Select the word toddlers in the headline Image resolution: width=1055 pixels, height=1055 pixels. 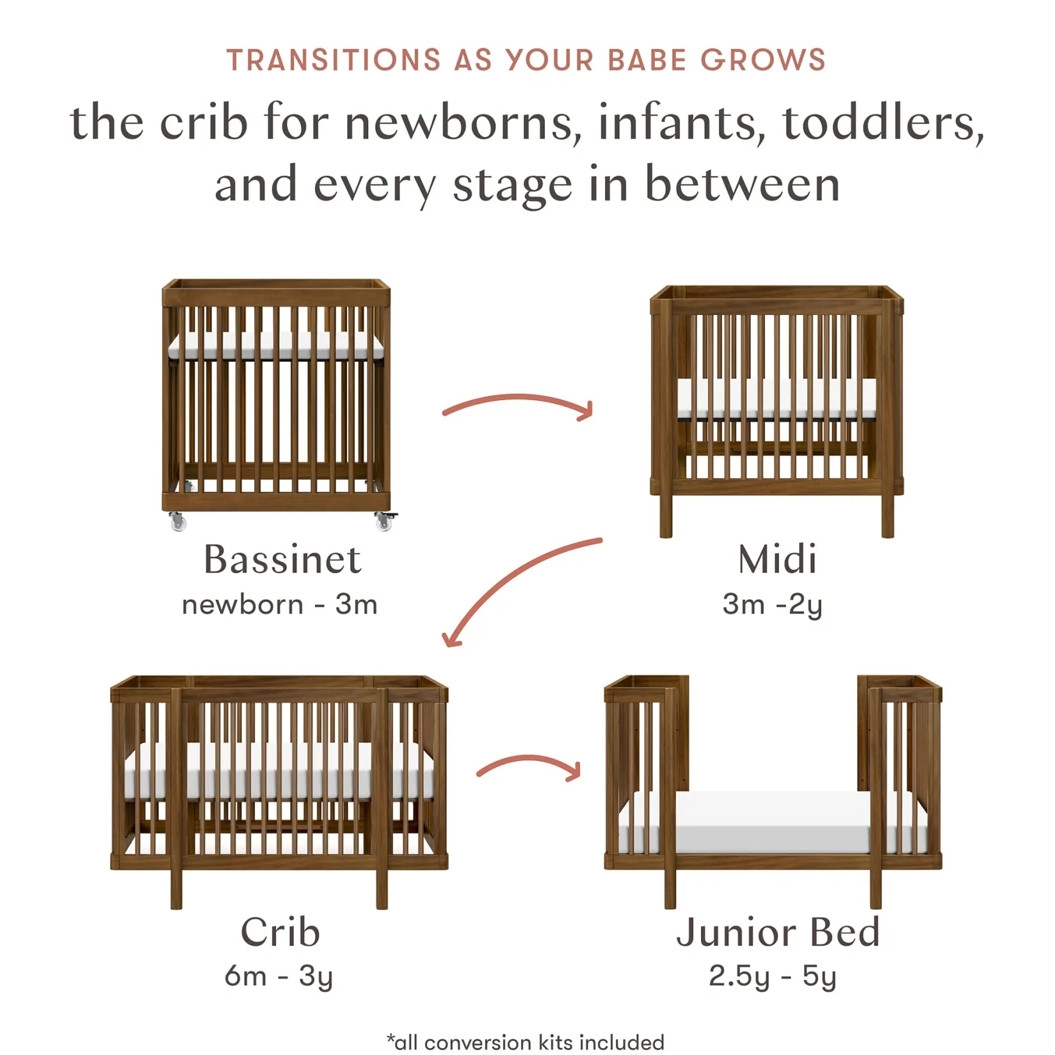click(883, 122)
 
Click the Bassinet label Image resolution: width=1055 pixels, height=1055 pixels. click(282, 560)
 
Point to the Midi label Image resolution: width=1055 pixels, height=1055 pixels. click(777, 560)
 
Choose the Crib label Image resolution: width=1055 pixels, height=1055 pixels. click(280, 932)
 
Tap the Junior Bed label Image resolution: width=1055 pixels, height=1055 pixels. click(778, 932)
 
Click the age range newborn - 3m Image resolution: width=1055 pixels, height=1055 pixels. click(280, 604)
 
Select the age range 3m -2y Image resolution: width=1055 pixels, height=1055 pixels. click(772, 604)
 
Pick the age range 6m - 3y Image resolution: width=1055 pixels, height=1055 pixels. click(278, 976)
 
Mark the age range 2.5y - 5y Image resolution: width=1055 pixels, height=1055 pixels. click(772, 976)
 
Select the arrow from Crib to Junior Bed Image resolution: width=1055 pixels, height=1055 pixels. click(529, 766)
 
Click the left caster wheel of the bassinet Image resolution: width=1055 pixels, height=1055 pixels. click(178, 522)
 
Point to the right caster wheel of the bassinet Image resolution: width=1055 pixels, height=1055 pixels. click(384, 521)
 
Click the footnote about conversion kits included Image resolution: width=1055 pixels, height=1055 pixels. click(526, 1042)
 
